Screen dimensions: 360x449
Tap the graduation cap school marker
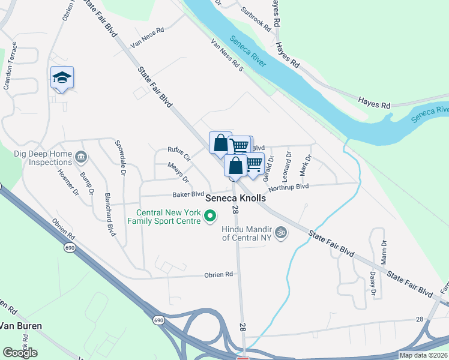(62, 78)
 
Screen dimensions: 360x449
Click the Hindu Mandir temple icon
(280, 232)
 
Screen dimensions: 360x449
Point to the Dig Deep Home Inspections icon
(82, 157)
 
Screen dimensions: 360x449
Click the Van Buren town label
(20, 326)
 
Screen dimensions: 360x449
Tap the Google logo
(20, 353)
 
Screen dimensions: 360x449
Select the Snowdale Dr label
(122, 162)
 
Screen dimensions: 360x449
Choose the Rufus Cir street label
(178, 154)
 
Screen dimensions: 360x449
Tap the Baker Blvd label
(188, 194)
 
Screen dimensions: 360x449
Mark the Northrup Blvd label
(288, 188)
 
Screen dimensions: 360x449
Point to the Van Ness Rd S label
(226, 55)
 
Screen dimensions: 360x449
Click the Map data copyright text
(424, 355)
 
